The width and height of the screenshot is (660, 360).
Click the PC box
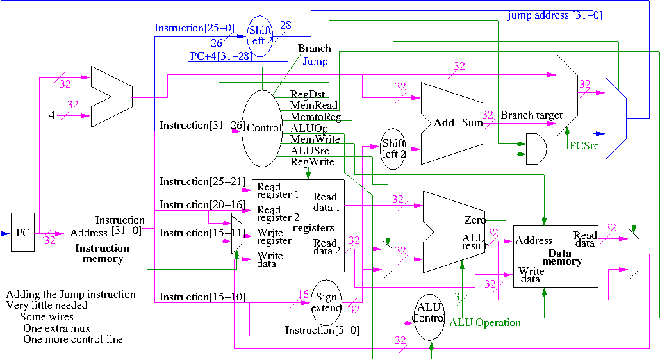[22, 232]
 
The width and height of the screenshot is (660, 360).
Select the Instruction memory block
[103, 236]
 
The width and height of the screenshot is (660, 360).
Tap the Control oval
[263, 128]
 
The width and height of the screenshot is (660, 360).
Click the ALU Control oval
[429, 313]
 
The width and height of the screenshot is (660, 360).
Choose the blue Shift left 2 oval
[261, 35]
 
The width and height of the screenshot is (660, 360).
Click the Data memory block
[555, 256]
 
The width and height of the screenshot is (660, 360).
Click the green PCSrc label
[584, 146]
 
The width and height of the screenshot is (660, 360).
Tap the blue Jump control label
[315, 61]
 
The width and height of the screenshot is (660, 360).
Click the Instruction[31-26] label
[199, 126]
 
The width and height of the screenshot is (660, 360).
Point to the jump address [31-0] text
[554, 15]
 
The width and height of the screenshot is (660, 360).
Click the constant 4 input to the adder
[52, 116]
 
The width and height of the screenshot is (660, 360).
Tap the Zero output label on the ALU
[474, 220]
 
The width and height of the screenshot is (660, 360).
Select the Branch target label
[531, 115]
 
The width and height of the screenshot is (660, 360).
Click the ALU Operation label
[484, 322]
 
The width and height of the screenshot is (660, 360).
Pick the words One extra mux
[56, 328]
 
